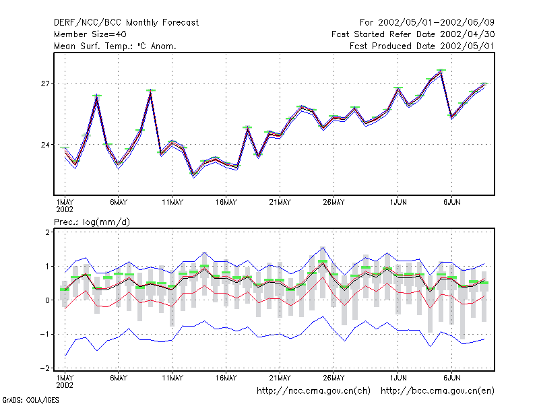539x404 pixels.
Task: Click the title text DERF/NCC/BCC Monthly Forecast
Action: click(x=126, y=23)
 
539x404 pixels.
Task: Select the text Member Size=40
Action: click(x=90, y=34)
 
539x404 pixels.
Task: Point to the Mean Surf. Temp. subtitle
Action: click(x=115, y=46)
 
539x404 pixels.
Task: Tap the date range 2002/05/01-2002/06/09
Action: click(x=436, y=23)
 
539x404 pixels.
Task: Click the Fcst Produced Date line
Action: click(x=422, y=46)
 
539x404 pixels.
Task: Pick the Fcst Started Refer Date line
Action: click(x=413, y=34)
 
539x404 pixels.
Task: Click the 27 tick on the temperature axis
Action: click(x=45, y=83)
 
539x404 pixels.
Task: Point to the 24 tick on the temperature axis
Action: click(x=45, y=145)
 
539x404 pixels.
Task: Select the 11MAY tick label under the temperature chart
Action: click(x=172, y=203)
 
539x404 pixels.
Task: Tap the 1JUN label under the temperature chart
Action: click(x=398, y=203)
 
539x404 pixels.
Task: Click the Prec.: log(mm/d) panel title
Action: click(x=92, y=222)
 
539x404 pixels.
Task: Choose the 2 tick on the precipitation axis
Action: click(x=47, y=232)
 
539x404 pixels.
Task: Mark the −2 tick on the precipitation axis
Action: click(x=45, y=368)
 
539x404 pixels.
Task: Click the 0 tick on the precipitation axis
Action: click(x=47, y=300)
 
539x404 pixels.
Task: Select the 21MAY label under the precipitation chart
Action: click(x=280, y=378)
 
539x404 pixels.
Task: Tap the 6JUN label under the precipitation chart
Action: click(x=451, y=378)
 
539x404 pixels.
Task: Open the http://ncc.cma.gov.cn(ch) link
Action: click(x=313, y=391)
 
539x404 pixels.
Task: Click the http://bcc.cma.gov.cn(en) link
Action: click(x=437, y=391)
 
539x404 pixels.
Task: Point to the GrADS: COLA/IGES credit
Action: click(x=30, y=400)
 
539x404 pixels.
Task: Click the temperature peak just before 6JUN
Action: click(x=441, y=71)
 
